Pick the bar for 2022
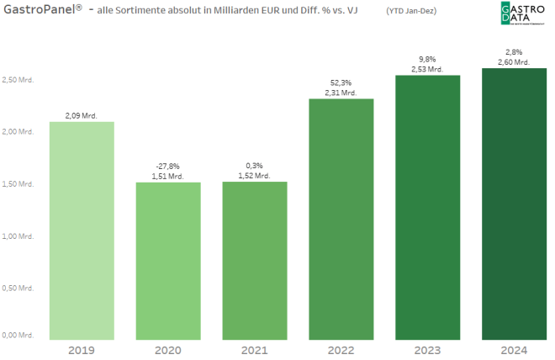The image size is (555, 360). [341, 218]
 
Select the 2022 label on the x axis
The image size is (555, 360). [341, 349]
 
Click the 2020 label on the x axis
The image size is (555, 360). [168, 349]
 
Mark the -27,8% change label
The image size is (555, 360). [168, 167]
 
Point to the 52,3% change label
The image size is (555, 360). [341, 83]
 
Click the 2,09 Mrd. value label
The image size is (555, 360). [82, 115]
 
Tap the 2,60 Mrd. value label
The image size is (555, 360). [515, 61]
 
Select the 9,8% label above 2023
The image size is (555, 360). [428, 59]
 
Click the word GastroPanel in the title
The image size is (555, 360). [37, 9]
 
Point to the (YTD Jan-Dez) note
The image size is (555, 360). [411, 10]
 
